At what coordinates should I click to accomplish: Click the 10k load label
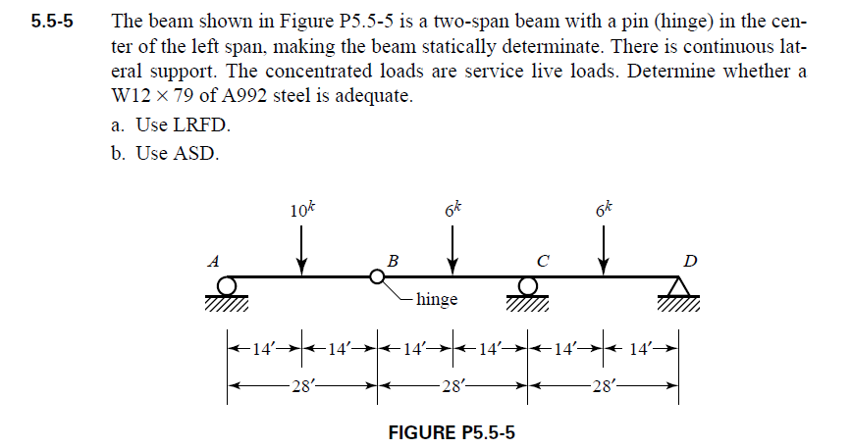pyautogui.click(x=302, y=210)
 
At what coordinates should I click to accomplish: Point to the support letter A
pyautogui.click(x=211, y=261)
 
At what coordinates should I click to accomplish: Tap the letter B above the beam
pyautogui.click(x=393, y=261)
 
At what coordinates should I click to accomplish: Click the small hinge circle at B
pyautogui.click(x=376, y=277)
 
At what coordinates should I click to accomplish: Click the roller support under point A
pyautogui.click(x=228, y=288)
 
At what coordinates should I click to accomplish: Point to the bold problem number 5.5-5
pyautogui.click(x=52, y=21)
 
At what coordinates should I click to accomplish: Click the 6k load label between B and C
pyautogui.click(x=452, y=210)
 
